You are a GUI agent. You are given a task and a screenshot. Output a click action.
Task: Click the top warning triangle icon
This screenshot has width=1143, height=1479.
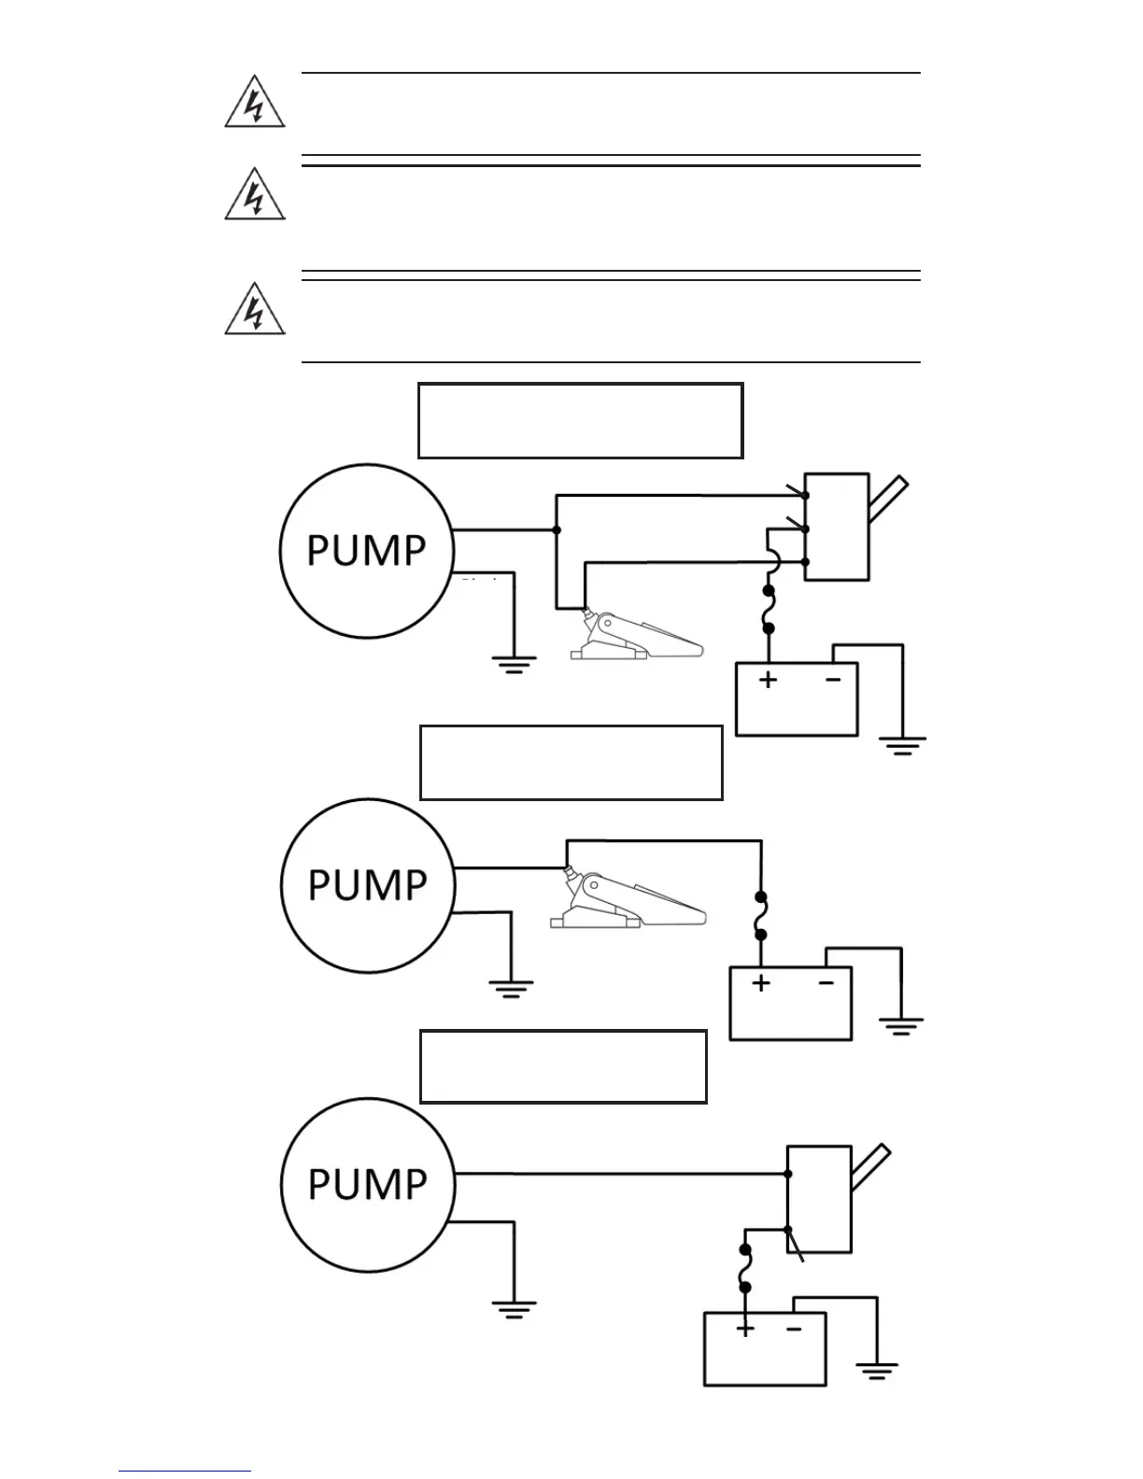(x=254, y=103)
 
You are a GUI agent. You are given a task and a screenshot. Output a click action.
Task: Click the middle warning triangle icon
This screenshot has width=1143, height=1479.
(x=254, y=196)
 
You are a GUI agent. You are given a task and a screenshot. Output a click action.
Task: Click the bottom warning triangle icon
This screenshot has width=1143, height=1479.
(x=254, y=310)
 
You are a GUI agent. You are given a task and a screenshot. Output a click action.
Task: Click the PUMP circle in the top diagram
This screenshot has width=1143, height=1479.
(x=367, y=551)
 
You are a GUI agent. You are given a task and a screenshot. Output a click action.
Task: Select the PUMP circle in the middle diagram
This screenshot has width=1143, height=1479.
(x=367, y=884)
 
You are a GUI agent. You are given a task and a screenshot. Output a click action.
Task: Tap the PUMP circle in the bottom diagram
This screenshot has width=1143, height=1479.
(x=367, y=1184)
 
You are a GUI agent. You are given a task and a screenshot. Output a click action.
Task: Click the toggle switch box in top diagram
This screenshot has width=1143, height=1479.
(x=837, y=527)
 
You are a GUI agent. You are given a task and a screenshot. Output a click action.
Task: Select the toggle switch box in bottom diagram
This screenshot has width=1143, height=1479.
(x=819, y=1199)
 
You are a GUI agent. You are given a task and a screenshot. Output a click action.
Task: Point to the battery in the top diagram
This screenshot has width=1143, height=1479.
(x=797, y=699)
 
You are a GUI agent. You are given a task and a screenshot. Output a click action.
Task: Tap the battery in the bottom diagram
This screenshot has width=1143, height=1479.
(x=765, y=1348)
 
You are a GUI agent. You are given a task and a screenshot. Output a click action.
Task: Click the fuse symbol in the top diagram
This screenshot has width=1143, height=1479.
(x=769, y=610)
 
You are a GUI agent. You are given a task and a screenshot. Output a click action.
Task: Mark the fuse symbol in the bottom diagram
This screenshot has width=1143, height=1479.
(x=745, y=1268)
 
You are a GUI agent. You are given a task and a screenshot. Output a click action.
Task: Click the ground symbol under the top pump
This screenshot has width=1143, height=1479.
(x=514, y=664)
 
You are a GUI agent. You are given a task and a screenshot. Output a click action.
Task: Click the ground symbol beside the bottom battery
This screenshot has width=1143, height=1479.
(x=877, y=1371)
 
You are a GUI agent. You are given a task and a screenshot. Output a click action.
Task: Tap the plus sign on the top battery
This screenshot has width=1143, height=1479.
(x=768, y=680)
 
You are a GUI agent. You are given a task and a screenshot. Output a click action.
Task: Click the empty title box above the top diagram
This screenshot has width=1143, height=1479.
(x=580, y=420)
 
